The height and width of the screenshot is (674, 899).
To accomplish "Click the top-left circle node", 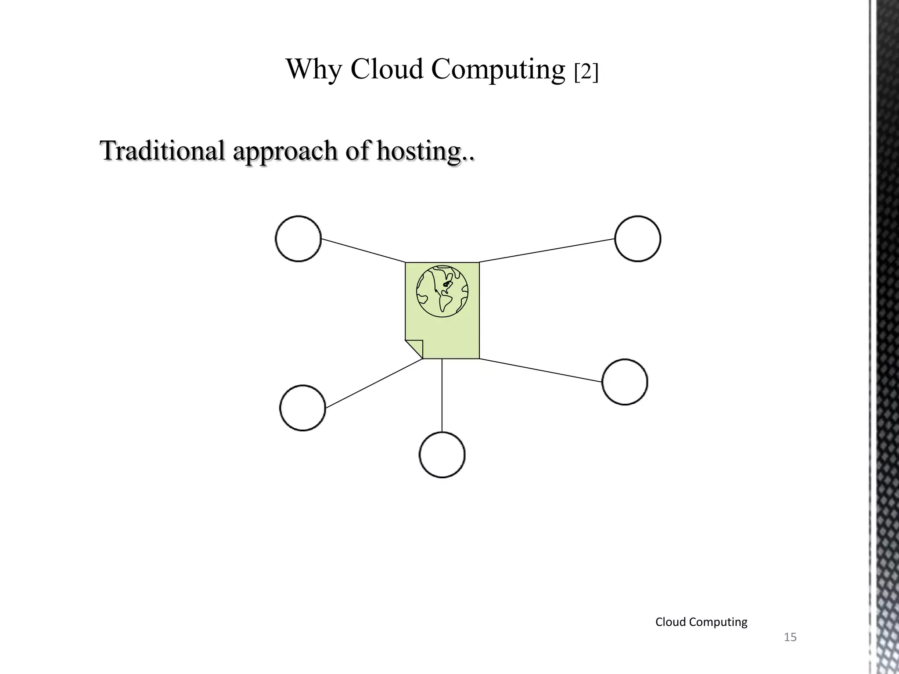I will coord(298,239).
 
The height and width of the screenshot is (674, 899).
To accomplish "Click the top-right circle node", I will coord(637,239).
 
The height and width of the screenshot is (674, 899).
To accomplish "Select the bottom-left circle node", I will coord(302,408).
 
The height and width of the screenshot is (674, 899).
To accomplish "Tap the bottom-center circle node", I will coord(442,455).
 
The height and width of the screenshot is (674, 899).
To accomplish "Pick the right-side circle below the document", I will coord(625,382).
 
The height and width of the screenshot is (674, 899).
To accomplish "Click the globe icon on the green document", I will coord(442,291).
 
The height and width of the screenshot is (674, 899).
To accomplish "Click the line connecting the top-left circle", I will coord(363,251).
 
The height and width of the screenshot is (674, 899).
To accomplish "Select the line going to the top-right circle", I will coord(547,251).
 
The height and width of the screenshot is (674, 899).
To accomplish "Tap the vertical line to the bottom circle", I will coord(442,395).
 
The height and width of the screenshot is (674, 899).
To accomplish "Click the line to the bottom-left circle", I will coord(374,384).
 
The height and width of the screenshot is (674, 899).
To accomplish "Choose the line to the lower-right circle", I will coord(540,370).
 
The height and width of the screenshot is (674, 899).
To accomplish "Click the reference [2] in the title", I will coord(586,72).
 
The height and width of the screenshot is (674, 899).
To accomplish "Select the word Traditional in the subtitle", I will coord(163,151).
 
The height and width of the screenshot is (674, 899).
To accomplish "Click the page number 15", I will coord(790,637).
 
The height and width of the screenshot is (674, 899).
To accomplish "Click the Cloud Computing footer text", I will coord(701,622).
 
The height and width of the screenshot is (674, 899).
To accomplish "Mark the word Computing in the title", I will coord(498,70).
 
